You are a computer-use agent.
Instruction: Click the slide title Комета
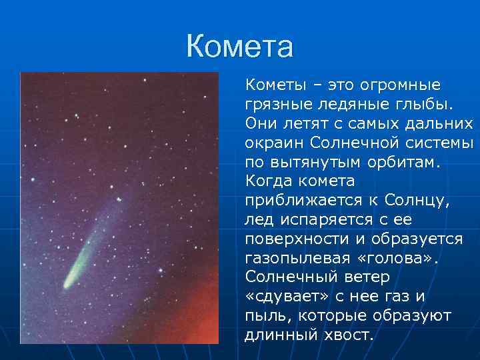239,47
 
